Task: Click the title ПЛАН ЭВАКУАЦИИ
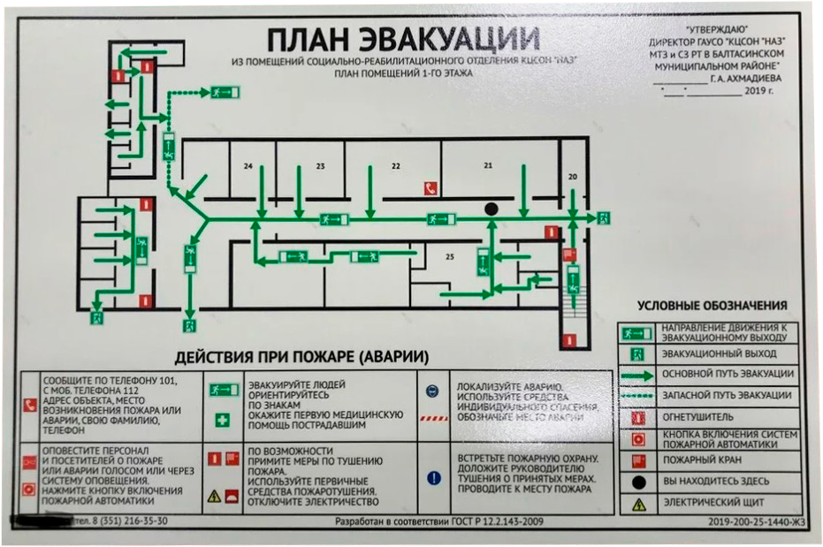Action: pos(403,41)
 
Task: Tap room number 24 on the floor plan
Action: pos(248,166)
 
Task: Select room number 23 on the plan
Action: pos(320,166)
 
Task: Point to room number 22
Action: pos(396,166)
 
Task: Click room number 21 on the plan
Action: pos(487,166)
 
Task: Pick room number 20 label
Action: pos(572,178)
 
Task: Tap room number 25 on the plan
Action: pos(449,257)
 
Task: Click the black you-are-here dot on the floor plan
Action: pos(492,209)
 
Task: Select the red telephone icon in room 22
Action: pos(431,187)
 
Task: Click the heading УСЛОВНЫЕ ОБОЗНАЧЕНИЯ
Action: pos(712,306)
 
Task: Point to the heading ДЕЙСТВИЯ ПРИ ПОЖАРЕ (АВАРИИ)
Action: pos(301,358)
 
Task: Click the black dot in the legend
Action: pos(636,482)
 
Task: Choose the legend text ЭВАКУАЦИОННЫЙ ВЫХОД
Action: pos(713,353)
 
